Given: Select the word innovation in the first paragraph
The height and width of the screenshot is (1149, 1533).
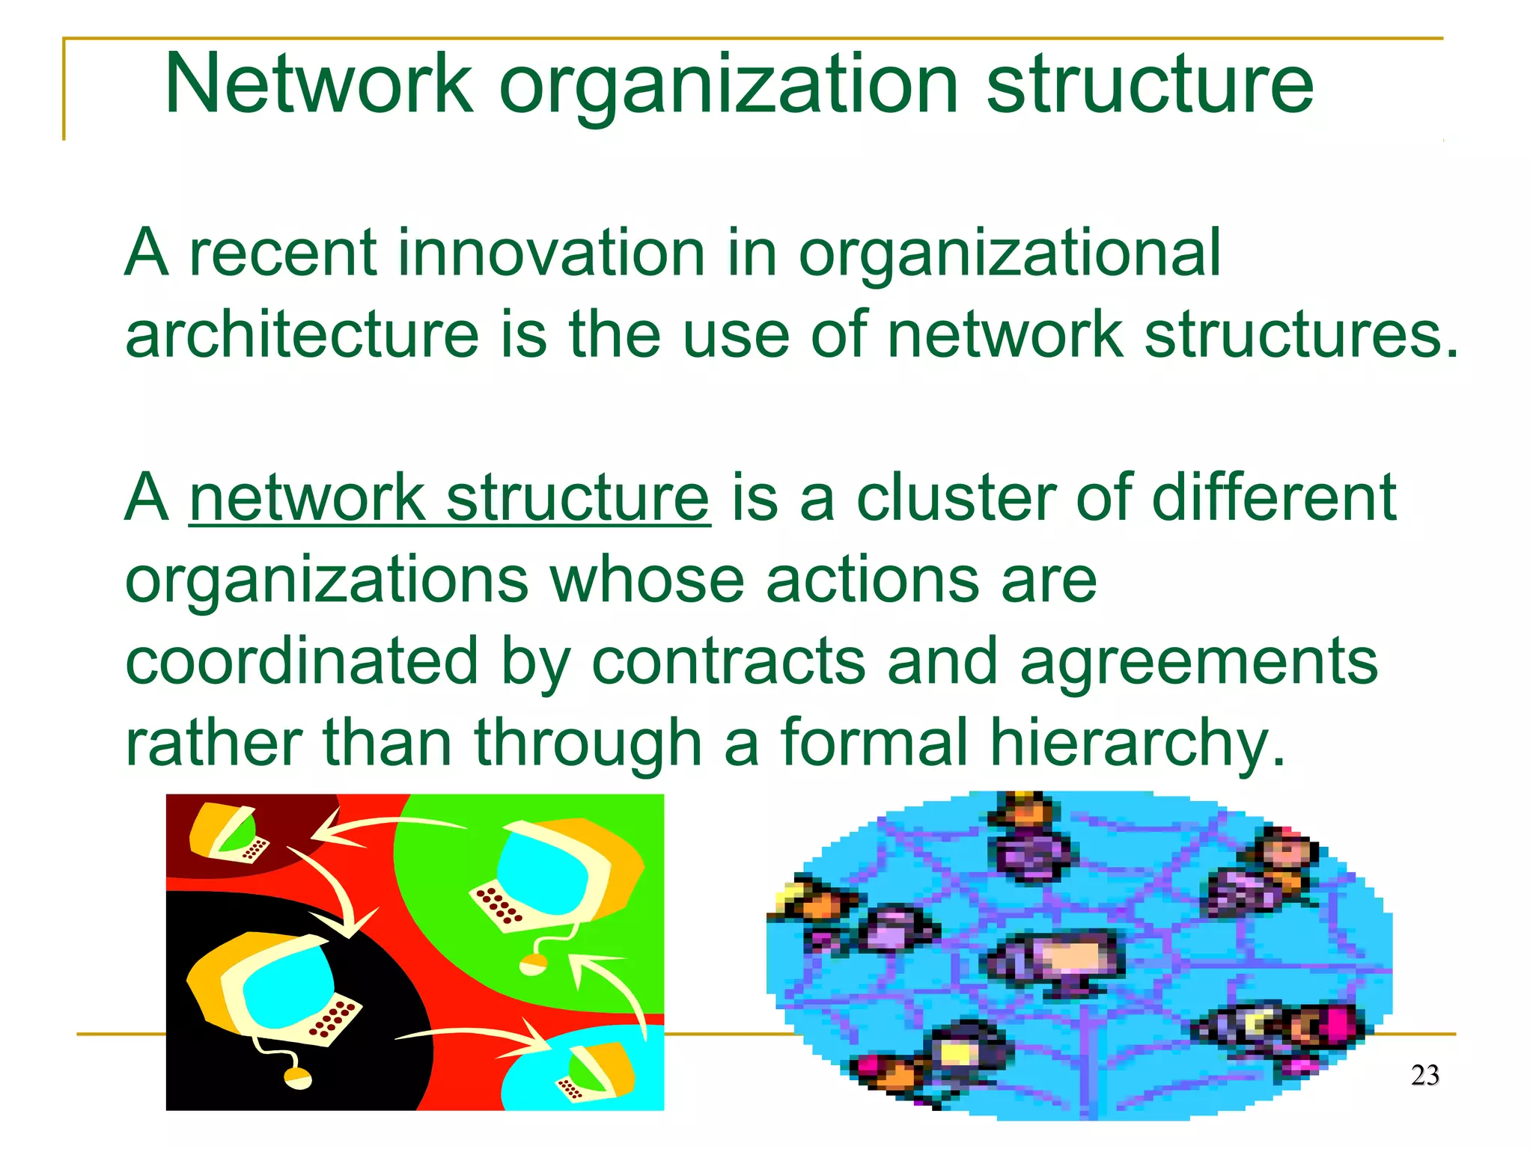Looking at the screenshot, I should [551, 253].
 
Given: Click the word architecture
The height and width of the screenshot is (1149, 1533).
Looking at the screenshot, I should [302, 334].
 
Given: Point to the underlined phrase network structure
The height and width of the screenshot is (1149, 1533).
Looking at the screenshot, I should [449, 497].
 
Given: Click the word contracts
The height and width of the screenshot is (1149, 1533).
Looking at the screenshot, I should [728, 661].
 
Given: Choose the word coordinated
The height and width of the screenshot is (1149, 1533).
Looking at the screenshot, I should [302, 661].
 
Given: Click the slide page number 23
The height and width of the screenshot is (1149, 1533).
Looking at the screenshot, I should [1424, 1075].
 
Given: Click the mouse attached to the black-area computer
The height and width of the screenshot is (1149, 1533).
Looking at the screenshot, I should [297, 1078].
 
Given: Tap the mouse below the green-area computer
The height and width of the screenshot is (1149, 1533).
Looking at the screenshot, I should [533, 965].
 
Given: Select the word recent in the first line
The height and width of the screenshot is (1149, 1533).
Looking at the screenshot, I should [282, 253].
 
